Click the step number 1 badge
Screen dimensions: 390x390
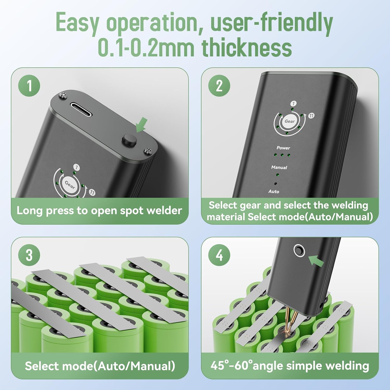click(x=29, y=86)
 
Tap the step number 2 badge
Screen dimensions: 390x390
click(x=219, y=86)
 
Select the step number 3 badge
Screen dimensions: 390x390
click(x=29, y=255)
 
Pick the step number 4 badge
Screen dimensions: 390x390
click(x=219, y=255)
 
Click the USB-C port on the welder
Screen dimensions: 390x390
click(x=81, y=109)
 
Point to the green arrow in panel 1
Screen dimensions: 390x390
click(x=141, y=125)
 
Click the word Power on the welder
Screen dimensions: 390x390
click(x=283, y=148)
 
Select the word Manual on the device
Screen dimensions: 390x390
click(x=279, y=167)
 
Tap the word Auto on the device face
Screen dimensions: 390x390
click(x=274, y=191)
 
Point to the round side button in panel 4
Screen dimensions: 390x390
click(x=299, y=250)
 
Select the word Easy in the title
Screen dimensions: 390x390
click(x=77, y=23)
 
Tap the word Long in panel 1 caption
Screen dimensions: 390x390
click(x=29, y=211)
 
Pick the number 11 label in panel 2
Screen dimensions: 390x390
click(x=311, y=115)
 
